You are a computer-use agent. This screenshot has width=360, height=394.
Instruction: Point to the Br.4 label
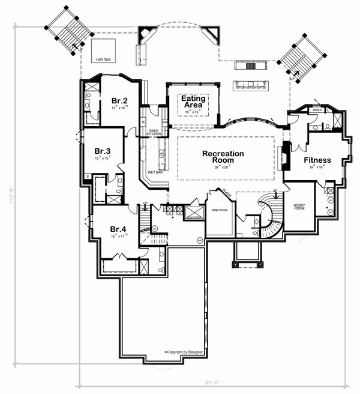118,229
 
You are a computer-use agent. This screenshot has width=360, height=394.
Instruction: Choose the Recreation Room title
223,157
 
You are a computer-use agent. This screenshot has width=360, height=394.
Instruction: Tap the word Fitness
317,160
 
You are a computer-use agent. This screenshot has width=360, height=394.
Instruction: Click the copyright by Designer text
184,352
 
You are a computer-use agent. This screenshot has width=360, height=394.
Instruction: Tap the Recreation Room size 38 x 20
223,169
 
